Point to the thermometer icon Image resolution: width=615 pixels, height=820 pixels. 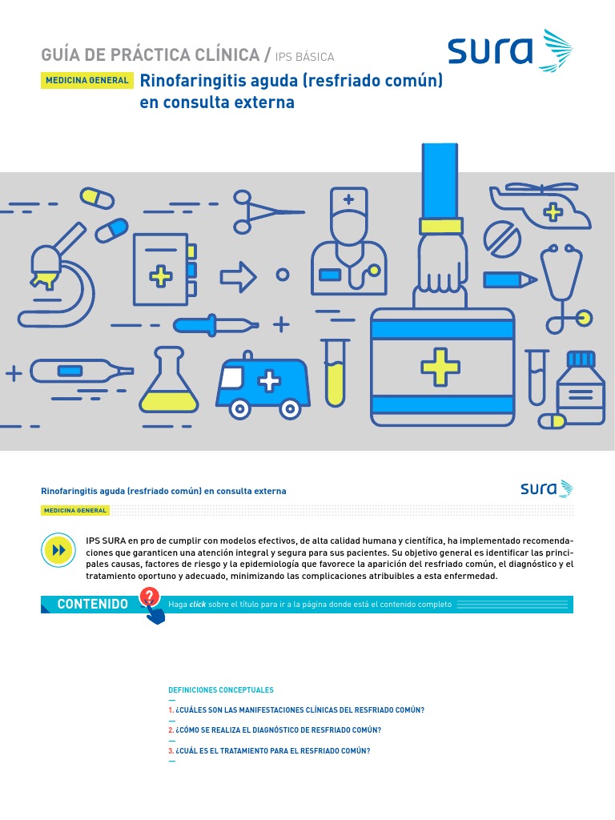80,371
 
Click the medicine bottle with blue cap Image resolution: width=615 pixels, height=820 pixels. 581,388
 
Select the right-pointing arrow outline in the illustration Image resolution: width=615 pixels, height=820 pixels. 239,276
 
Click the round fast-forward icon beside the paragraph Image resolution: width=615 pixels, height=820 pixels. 58,551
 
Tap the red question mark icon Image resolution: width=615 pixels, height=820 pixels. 149,597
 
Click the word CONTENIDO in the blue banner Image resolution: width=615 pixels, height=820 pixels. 92,605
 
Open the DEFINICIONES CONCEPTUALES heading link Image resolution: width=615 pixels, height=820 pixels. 221,689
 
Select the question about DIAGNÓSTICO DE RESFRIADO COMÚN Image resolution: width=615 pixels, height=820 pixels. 275,730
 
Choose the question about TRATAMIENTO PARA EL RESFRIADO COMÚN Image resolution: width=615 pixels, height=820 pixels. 269,751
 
